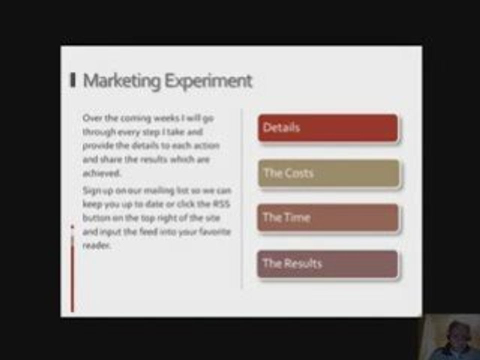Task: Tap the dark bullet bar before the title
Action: [73, 80]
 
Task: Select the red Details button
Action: [328, 128]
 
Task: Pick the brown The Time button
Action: [328, 218]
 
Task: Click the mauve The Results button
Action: [328, 263]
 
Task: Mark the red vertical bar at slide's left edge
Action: [72, 270]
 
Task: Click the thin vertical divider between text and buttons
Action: [242, 200]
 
